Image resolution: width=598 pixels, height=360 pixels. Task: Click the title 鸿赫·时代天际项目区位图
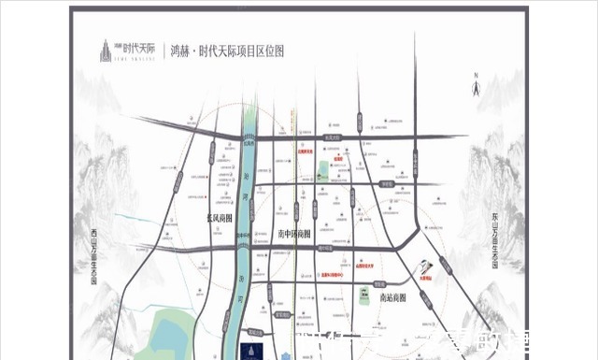pyautogui.click(x=226, y=51)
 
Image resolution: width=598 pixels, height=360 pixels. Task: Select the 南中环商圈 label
pyautogui.click(x=296, y=234)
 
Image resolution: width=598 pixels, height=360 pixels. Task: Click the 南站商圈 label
pyautogui.click(x=396, y=297)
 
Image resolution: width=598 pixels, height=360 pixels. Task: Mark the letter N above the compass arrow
pyautogui.click(x=476, y=75)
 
